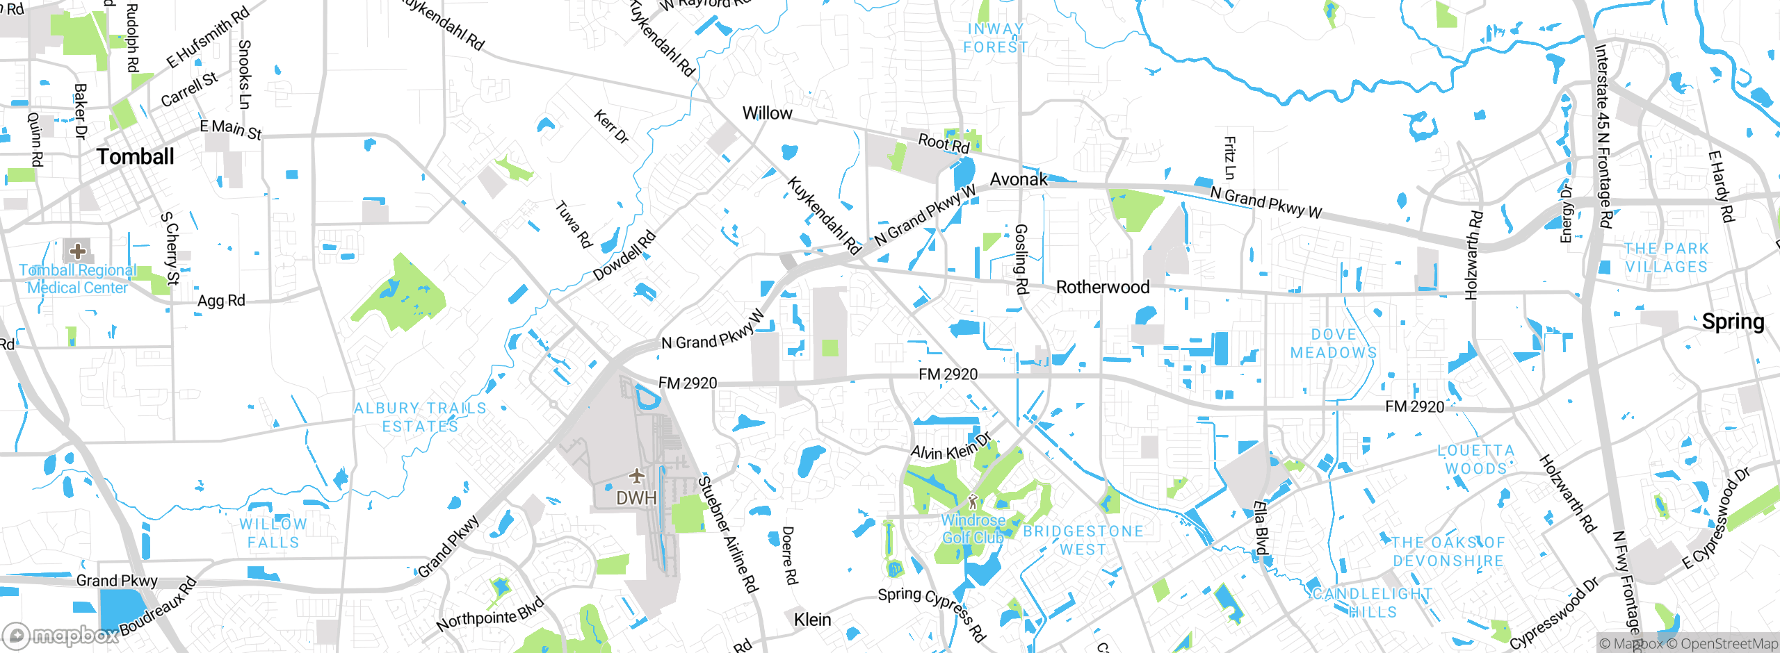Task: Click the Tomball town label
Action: (136, 157)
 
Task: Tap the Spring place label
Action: (1733, 322)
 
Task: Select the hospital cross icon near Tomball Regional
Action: (78, 251)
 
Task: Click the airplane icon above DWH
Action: (636, 476)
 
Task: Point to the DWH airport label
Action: (636, 498)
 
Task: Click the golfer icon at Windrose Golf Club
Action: (973, 501)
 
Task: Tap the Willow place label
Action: (767, 113)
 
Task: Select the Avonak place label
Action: (1019, 179)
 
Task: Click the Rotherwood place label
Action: (1103, 287)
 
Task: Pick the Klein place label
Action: (812, 619)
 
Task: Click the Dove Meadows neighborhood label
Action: (1334, 344)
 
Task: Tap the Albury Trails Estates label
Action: (420, 418)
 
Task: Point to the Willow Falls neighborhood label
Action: (273, 534)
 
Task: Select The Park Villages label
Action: (1666, 258)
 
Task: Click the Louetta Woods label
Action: (1475, 459)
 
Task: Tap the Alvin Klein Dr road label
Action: (950, 448)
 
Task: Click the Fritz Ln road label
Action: (1229, 158)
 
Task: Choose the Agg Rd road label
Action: (221, 301)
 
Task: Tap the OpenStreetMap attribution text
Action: (1729, 644)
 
